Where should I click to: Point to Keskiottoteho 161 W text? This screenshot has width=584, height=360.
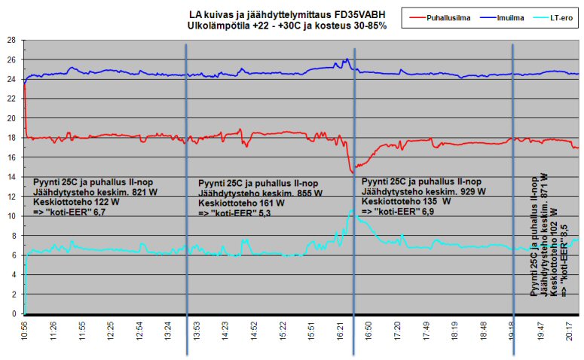pos(241,203)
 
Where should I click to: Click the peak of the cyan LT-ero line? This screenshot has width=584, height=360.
pos(350,210)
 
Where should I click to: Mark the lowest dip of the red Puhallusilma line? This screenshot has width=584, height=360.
pos(353,173)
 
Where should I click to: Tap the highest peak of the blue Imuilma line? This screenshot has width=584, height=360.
pos(347,59)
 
